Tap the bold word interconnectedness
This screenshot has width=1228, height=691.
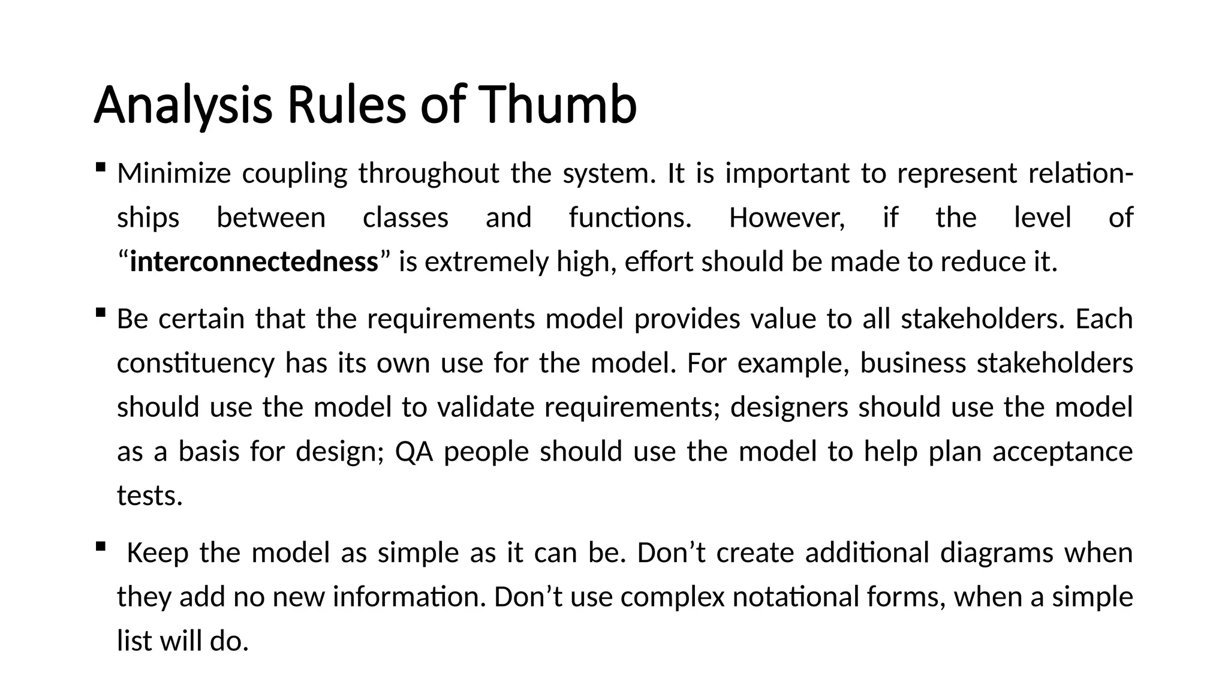coord(254,262)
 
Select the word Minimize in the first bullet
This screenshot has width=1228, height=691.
coord(173,174)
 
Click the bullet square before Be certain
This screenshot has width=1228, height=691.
coord(100,313)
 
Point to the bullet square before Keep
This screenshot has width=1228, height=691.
coord(100,546)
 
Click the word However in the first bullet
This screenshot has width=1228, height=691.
coord(787,218)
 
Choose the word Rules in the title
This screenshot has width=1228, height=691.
coord(347,105)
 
